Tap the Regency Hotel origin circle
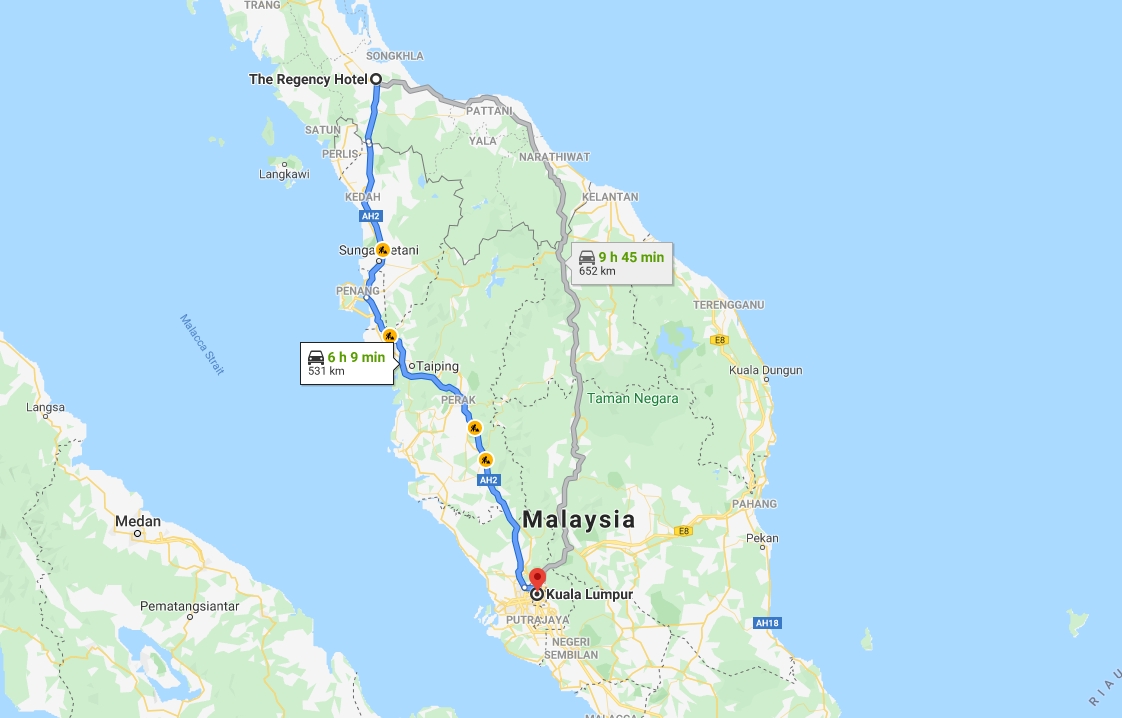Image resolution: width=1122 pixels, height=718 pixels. click(376, 79)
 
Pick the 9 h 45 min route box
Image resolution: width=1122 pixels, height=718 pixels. click(621, 263)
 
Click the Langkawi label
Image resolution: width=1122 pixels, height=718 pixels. click(284, 174)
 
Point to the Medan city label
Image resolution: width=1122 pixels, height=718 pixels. click(137, 521)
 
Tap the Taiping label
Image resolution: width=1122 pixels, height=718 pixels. click(437, 366)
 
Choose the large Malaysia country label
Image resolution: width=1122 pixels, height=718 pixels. click(579, 520)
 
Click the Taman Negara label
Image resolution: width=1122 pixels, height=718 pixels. click(632, 398)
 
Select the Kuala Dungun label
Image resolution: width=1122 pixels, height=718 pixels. click(766, 370)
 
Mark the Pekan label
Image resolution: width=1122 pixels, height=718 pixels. click(762, 538)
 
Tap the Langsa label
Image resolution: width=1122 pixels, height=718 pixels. click(47, 407)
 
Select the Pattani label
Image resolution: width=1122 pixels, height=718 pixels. click(489, 111)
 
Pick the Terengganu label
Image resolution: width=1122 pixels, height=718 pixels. click(728, 304)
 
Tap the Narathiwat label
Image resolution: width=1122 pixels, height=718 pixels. click(555, 157)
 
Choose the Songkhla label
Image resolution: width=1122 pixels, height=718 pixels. click(395, 56)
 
